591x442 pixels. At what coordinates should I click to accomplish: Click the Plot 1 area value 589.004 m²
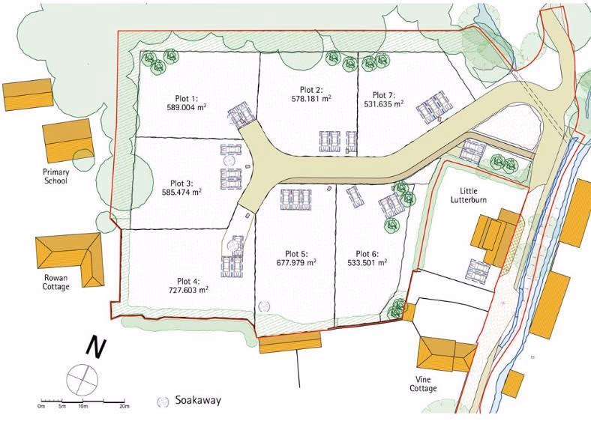186,107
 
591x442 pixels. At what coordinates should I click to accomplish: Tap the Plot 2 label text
309,88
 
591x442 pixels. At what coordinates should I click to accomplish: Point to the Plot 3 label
181,183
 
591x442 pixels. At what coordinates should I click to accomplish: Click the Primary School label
56,176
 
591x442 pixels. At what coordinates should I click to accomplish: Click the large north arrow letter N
94,347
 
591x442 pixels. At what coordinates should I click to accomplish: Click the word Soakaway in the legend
198,401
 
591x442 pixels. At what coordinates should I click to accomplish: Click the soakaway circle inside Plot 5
264,306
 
